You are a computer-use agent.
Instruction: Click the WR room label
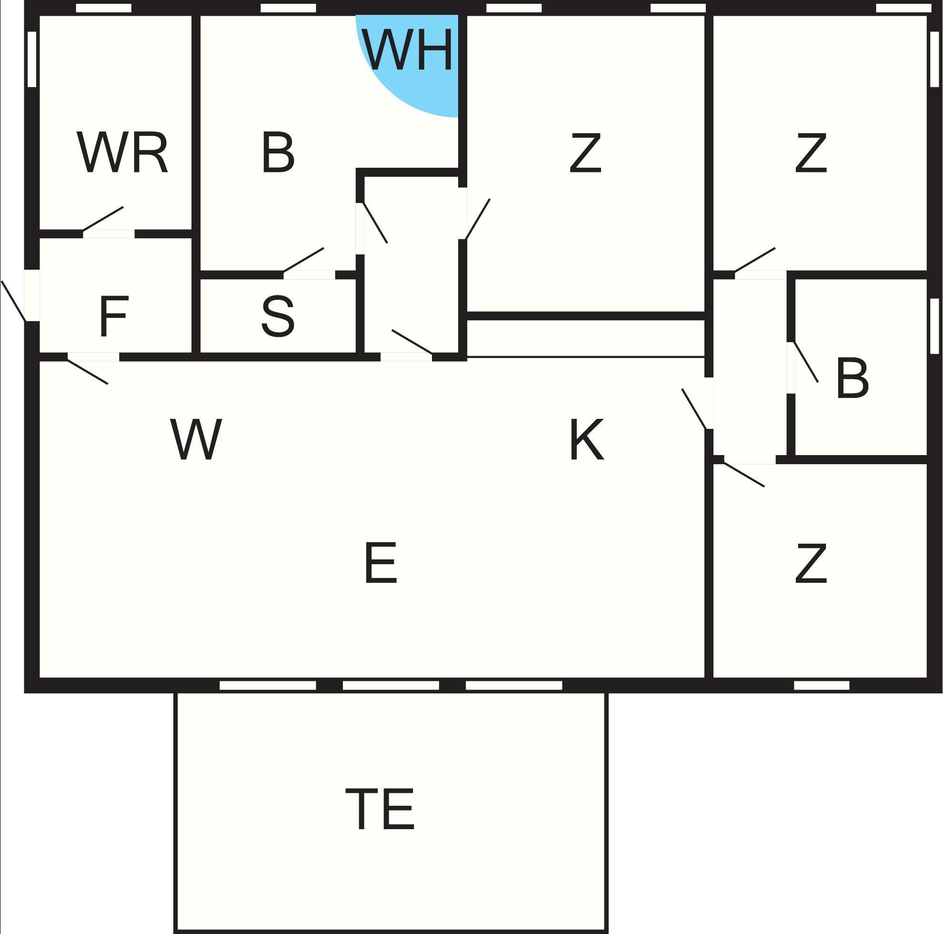pyautogui.click(x=122, y=153)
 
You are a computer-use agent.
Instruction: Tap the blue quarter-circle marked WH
pyautogui.click(x=410, y=69)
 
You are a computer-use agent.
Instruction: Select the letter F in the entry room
pyautogui.click(x=114, y=316)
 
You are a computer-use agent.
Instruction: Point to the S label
pyautogui.click(x=278, y=316)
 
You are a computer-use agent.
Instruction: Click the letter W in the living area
pyautogui.click(x=196, y=439)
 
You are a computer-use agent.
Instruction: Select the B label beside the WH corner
pyautogui.click(x=278, y=153)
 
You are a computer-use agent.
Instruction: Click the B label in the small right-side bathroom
pyautogui.click(x=852, y=378)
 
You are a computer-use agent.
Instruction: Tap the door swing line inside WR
pyautogui.click(x=103, y=218)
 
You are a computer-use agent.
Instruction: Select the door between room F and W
pyautogui.click(x=87, y=371)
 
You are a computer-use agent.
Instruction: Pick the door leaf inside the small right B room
pyautogui.click(x=806, y=362)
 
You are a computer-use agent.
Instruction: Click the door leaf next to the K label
pyautogui.click(x=693, y=409)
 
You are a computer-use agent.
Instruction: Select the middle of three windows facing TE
pyautogui.click(x=391, y=685)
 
